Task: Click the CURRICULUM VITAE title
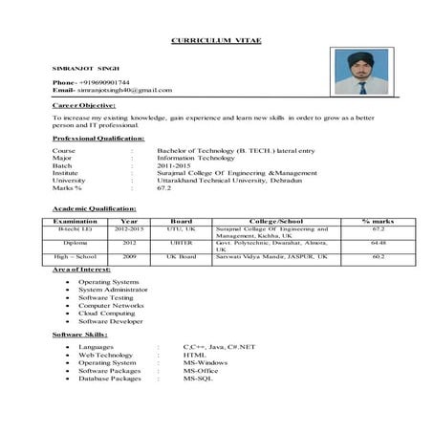(215, 42)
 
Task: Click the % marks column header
(379, 221)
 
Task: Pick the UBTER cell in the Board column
(182, 243)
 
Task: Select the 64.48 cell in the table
(379, 243)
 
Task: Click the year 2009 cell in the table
(129, 256)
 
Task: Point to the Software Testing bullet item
(105, 298)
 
